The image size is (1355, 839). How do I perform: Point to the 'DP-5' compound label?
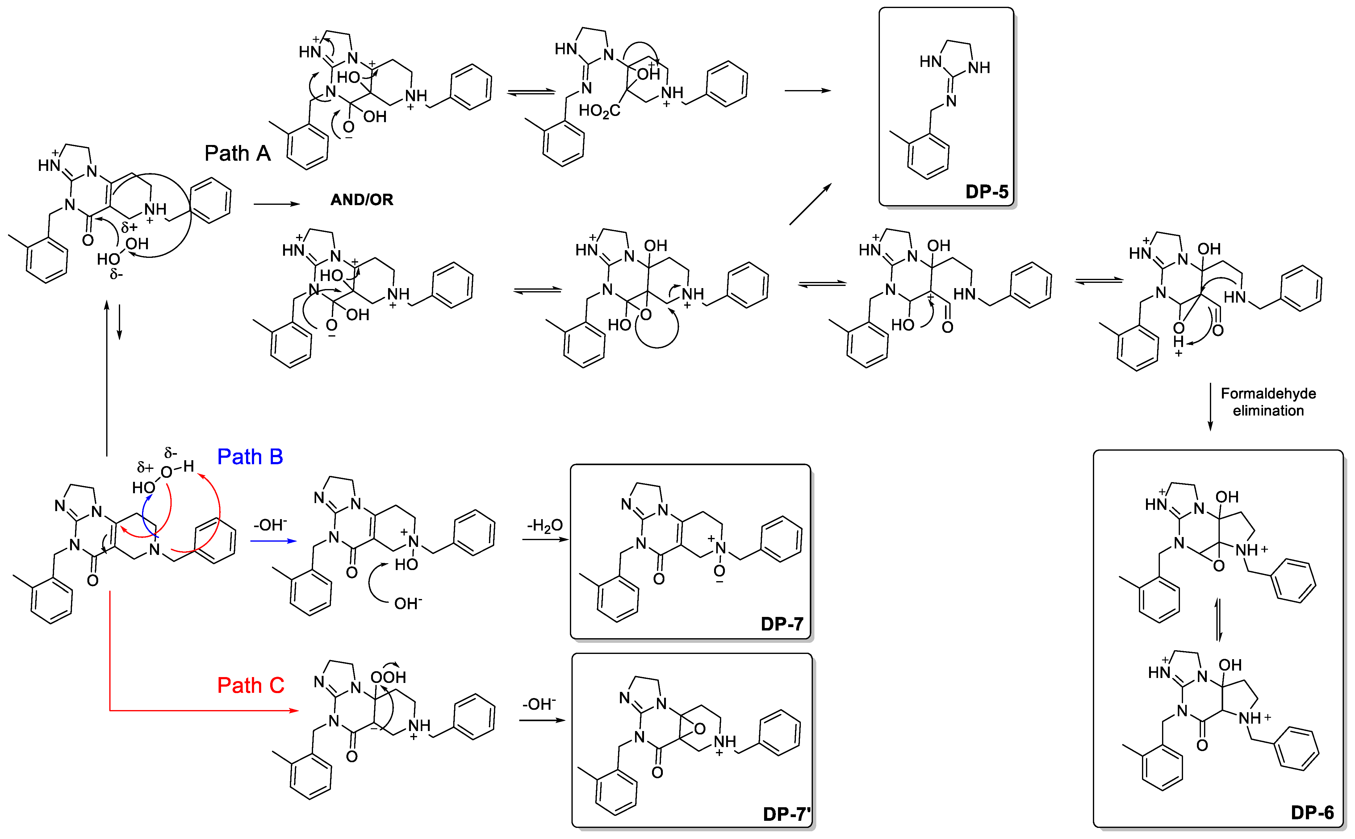(986, 192)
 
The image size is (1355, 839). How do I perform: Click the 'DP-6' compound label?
(1312, 813)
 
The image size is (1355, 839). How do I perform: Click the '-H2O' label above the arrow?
(545, 525)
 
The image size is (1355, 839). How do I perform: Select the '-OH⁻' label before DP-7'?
(539, 704)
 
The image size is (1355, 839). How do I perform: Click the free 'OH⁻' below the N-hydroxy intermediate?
(408, 603)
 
